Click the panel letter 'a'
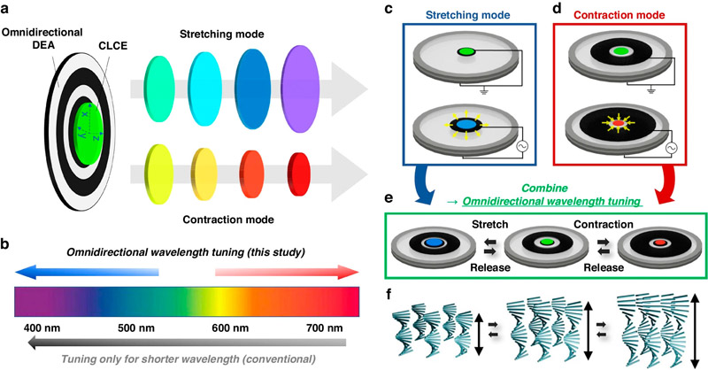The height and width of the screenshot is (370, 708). (x=8, y=9)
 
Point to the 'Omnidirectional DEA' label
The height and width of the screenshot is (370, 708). (x=42, y=40)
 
